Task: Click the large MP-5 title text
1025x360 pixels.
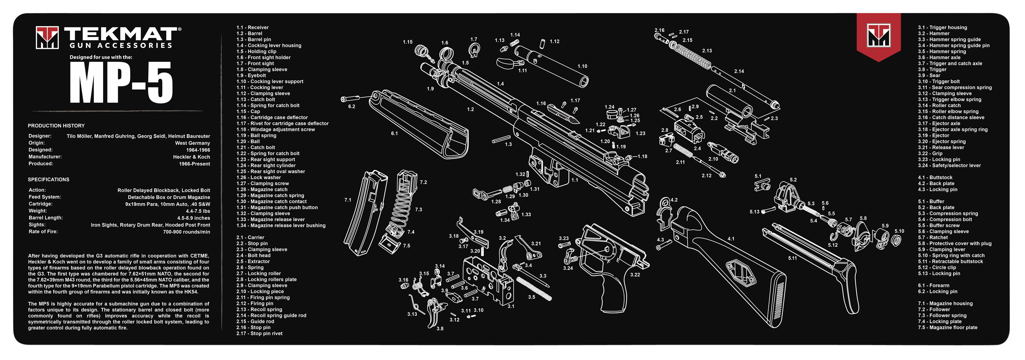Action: tap(121, 83)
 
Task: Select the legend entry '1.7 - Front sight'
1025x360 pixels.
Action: tap(255, 63)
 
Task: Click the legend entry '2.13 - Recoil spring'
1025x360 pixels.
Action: tap(259, 309)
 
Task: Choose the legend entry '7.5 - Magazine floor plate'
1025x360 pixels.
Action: tap(948, 327)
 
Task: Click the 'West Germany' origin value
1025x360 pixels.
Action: tap(192, 143)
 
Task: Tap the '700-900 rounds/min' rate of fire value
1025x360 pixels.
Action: tap(186, 232)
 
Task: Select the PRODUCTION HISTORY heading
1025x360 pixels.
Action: tap(56, 126)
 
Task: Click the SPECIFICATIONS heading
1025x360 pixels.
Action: tap(49, 180)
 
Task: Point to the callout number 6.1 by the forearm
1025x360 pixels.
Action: tap(394, 133)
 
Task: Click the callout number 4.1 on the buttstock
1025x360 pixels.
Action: tap(731, 239)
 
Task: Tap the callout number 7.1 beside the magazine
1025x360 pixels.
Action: tap(348, 200)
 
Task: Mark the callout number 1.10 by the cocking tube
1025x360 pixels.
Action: tap(582, 66)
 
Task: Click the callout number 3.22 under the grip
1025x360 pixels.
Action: tap(635, 275)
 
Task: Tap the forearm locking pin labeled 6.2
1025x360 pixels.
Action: tap(350, 98)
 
